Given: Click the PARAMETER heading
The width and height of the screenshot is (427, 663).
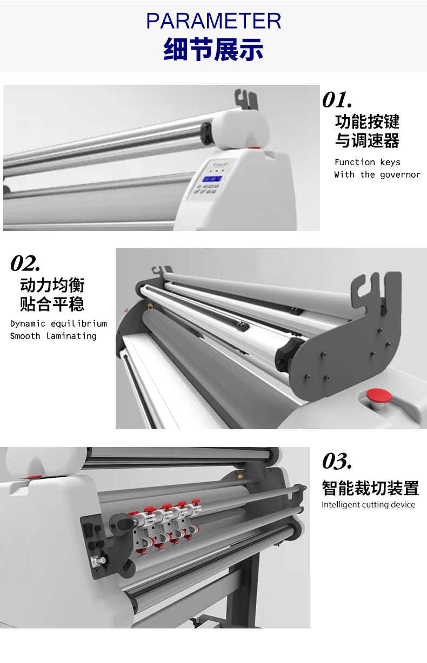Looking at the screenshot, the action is click(x=213, y=21).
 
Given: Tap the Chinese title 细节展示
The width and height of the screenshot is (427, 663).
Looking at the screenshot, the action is click(x=213, y=49).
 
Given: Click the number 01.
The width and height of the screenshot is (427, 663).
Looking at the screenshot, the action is click(x=337, y=99).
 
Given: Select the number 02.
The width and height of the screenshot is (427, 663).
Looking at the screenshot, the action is click(x=25, y=263).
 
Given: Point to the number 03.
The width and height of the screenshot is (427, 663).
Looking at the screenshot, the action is click(x=337, y=461).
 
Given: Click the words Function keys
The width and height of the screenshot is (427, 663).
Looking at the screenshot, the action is click(x=367, y=162).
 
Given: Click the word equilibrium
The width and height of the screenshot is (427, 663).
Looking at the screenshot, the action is click(x=79, y=323).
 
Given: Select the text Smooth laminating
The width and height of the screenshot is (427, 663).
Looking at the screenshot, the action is click(x=54, y=336).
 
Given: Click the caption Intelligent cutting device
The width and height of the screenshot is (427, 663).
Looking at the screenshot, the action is click(x=368, y=504).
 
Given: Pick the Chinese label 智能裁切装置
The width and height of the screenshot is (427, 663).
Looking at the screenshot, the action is click(x=370, y=488).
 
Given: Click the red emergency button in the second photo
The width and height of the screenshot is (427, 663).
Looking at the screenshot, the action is click(x=379, y=396).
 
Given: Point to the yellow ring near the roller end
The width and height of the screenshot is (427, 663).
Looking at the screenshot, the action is click(x=150, y=306).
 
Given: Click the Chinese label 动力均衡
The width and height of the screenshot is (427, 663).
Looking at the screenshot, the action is click(x=52, y=285).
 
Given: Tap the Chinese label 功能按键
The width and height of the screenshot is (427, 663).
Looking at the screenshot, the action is click(x=367, y=121).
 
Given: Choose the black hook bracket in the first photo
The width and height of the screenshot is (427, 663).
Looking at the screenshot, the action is click(x=246, y=99).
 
